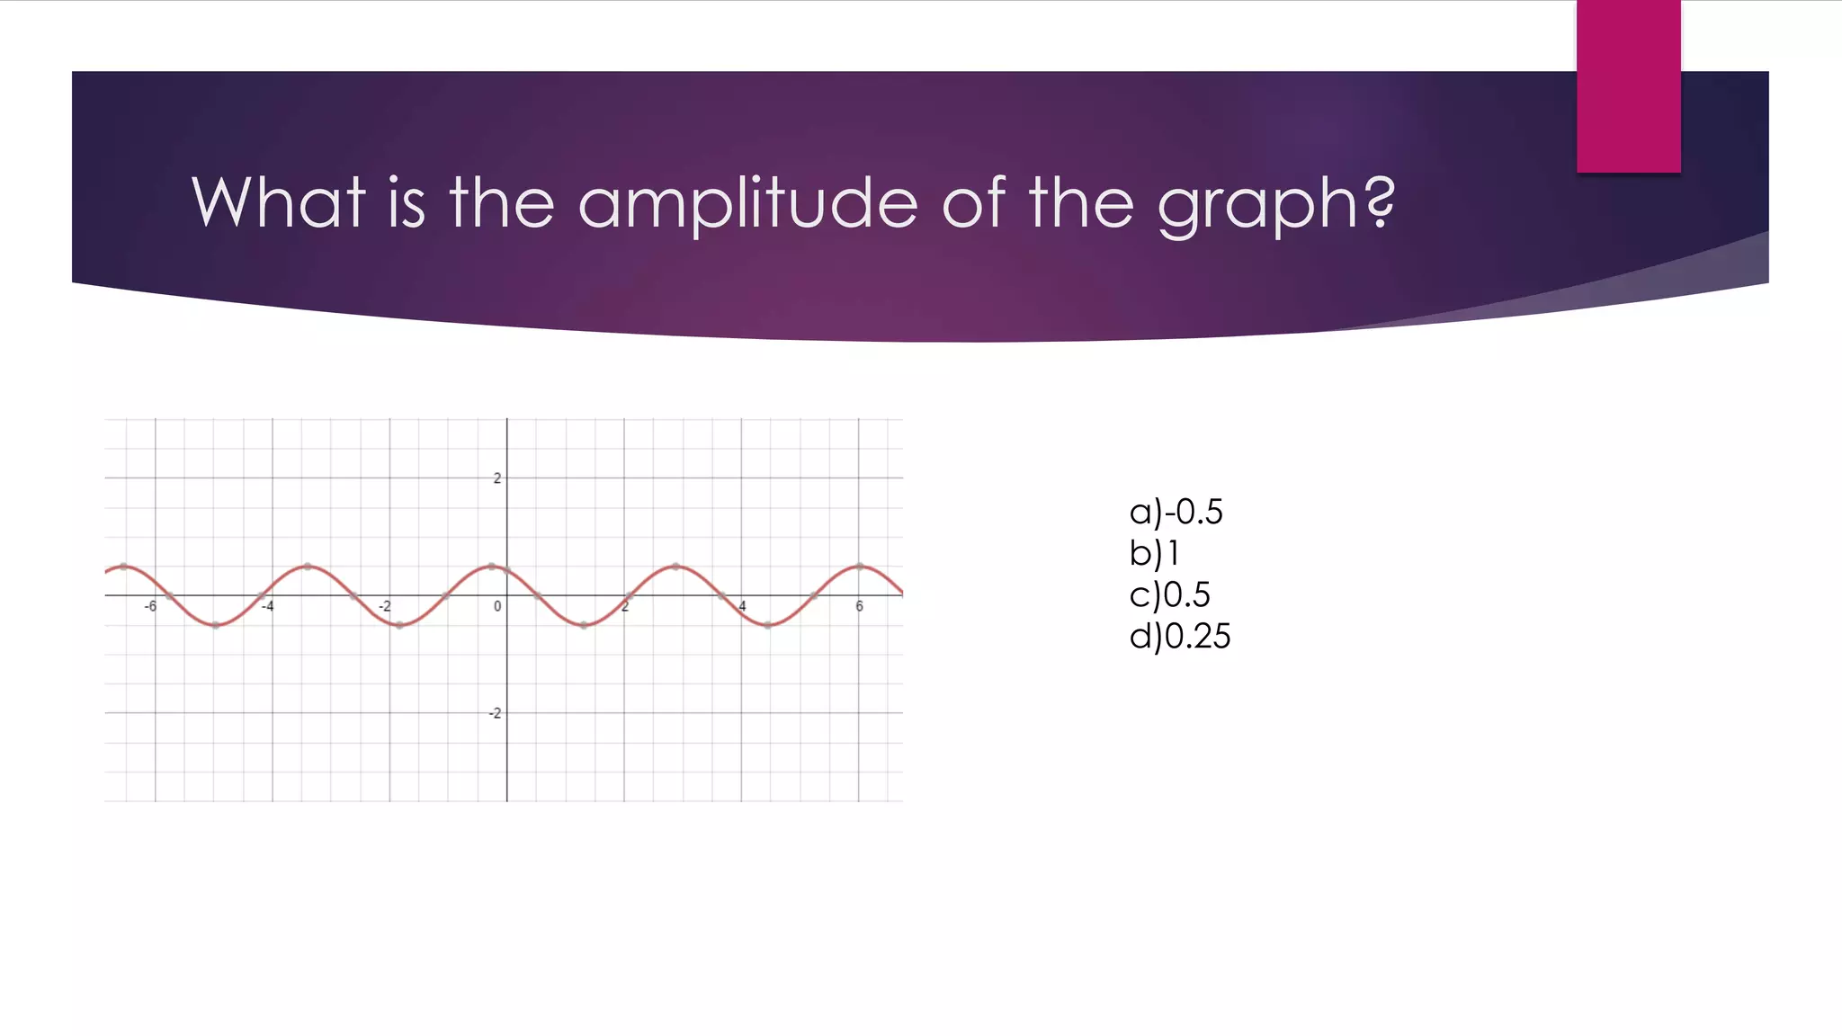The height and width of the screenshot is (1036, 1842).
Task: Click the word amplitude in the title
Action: pyautogui.click(x=747, y=203)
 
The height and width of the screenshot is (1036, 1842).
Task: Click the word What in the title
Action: pyautogui.click(x=278, y=201)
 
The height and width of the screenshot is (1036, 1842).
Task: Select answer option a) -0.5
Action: pyautogui.click(x=1176, y=512)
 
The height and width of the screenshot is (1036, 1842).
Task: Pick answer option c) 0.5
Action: pyautogui.click(x=1169, y=594)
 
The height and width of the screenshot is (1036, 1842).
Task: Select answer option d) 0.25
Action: pyautogui.click(x=1179, y=636)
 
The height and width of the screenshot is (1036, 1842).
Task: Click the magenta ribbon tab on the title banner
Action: pyautogui.click(x=1628, y=86)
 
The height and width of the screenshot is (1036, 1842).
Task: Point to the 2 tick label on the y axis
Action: pyautogui.click(x=496, y=478)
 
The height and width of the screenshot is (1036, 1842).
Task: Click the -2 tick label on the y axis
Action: pyautogui.click(x=494, y=713)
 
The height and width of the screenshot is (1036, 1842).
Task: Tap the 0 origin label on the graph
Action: pyautogui.click(x=497, y=607)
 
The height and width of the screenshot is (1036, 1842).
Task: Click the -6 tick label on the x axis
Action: pyautogui.click(x=150, y=607)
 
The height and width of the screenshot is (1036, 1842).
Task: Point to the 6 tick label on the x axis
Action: pyautogui.click(x=859, y=607)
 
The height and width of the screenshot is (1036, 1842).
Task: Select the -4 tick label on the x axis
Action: pyautogui.click(x=267, y=607)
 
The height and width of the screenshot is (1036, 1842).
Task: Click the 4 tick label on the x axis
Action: pyautogui.click(x=742, y=607)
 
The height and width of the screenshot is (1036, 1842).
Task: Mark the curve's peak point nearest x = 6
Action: pyautogui.click(x=860, y=567)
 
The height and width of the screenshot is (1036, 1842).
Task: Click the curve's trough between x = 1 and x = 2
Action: pyautogui.click(x=584, y=625)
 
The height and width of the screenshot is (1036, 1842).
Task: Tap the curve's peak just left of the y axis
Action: pyautogui.click(x=491, y=567)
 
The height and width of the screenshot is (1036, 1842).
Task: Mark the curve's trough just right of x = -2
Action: pyautogui.click(x=399, y=625)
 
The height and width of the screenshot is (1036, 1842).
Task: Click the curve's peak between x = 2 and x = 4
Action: pyautogui.click(x=675, y=567)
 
